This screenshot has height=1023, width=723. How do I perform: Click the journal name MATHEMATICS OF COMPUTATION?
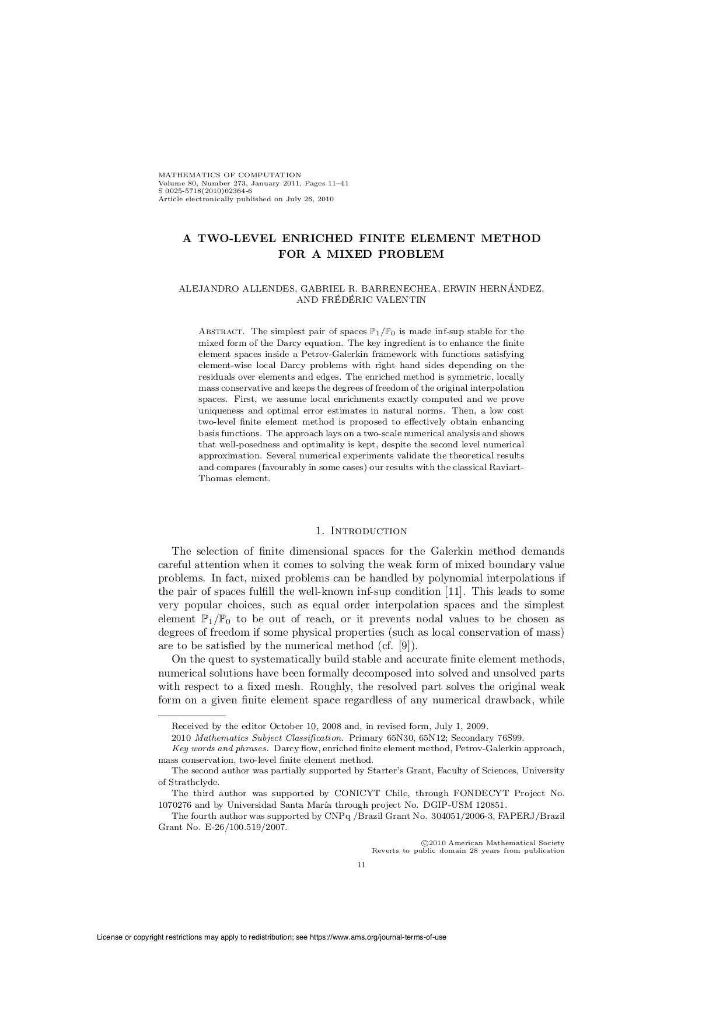tap(230, 174)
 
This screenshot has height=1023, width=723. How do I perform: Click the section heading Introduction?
tap(368, 531)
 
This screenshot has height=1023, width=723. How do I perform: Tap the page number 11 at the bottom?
tap(361, 865)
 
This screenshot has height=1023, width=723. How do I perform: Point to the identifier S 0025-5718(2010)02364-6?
tap(205, 191)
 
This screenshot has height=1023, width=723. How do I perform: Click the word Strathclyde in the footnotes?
tap(194, 782)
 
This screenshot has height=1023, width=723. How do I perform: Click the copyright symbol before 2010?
tap(424, 843)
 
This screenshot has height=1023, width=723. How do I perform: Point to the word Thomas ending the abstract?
tap(216, 478)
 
